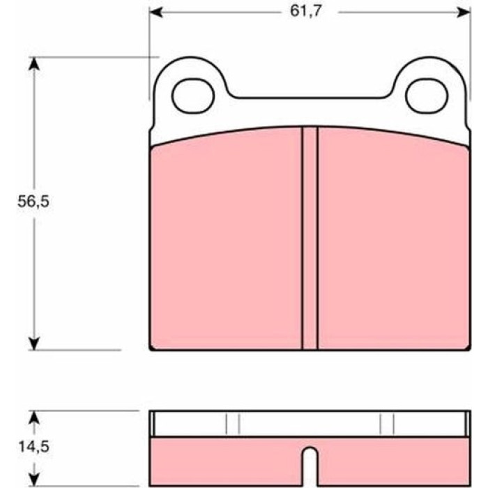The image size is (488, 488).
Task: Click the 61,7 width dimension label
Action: (x=305, y=12)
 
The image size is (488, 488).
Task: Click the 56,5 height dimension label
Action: (x=33, y=201)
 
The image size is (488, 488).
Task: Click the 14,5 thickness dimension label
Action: (x=34, y=447)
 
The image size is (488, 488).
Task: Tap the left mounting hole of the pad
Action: (x=193, y=96)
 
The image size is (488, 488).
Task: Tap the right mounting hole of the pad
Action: (x=427, y=96)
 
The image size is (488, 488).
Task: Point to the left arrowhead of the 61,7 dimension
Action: (x=156, y=13)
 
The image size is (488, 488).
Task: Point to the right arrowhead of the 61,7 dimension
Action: (x=464, y=13)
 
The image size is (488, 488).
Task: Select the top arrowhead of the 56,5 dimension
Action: (x=34, y=64)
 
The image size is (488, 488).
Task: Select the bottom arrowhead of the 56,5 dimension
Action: (x=34, y=343)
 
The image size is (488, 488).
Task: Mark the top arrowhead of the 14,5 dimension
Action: (x=34, y=418)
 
